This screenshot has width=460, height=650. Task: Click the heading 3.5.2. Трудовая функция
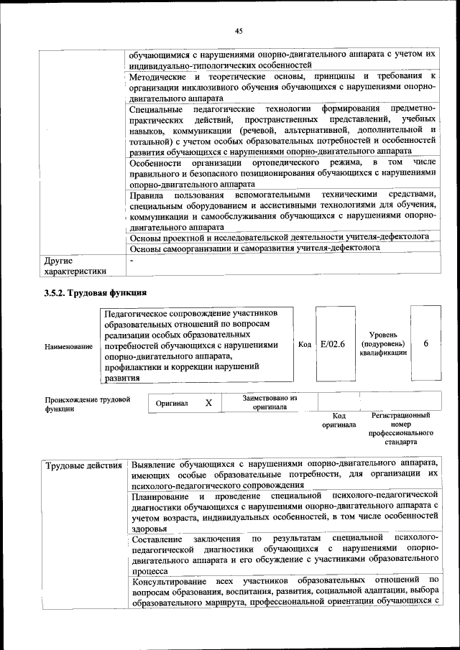pyautogui.click(x=96, y=293)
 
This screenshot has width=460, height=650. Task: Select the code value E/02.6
pyautogui.click(x=333, y=344)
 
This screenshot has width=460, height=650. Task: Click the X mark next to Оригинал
pyautogui.click(x=208, y=404)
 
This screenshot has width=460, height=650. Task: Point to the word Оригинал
pyautogui.click(x=172, y=404)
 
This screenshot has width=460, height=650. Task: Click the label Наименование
pyautogui.click(x=68, y=347)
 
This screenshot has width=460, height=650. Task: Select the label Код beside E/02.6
pyautogui.click(x=304, y=344)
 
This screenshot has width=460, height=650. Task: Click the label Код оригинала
pyautogui.click(x=339, y=420)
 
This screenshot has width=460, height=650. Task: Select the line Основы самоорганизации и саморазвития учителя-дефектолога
pyautogui.click(x=254, y=249)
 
